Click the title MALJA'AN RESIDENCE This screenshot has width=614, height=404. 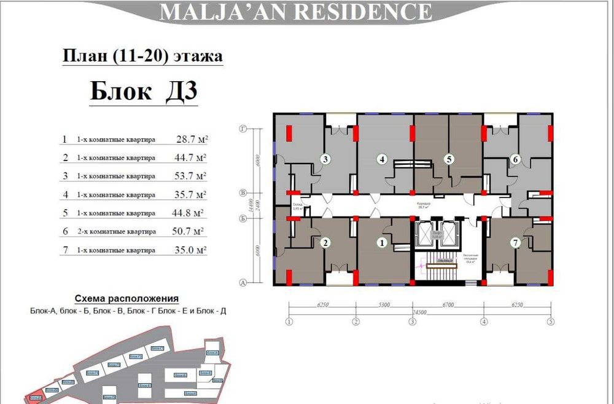pos(295,12)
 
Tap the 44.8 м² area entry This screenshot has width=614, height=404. pos(187,213)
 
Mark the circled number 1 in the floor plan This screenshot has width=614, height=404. pos(381,243)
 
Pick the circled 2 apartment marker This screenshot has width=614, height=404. pos(326,243)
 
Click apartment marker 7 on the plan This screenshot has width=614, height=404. pos(516,243)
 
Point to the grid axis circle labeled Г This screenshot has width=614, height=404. pos(243,129)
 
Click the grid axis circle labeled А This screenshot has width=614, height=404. pos(243,283)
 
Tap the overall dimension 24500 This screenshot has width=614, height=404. pos(420,312)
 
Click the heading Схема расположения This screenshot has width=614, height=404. pos(126,299)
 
